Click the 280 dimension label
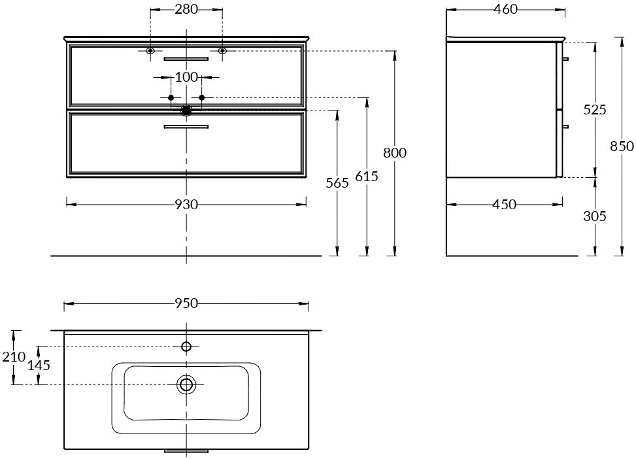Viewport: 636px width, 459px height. [186, 9]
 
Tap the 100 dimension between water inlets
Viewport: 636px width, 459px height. [186, 76]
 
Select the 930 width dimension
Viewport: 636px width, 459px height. [186, 204]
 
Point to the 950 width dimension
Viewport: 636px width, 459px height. [186, 303]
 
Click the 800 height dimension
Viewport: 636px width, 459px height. [395, 152]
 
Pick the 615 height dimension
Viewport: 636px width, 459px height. [367, 176]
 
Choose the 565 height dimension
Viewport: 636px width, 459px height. [337, 183]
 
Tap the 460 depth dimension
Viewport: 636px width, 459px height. [506, 9]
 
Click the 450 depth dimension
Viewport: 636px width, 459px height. [504, 204]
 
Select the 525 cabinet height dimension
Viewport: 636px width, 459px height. [595, 110]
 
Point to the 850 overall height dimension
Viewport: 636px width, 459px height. [622, 146]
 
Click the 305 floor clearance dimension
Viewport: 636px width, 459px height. [595, 216]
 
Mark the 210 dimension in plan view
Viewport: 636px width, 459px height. [14, 357]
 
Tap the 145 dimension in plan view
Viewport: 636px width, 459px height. [39, 365]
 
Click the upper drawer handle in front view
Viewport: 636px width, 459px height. [186, 59]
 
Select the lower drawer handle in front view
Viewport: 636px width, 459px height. [186, 127]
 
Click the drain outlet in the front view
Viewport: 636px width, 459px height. [186, 110]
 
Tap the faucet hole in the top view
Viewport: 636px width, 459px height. [186, 347]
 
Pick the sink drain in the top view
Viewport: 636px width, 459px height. [186, 384]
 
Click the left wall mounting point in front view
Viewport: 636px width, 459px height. [150, 51]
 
